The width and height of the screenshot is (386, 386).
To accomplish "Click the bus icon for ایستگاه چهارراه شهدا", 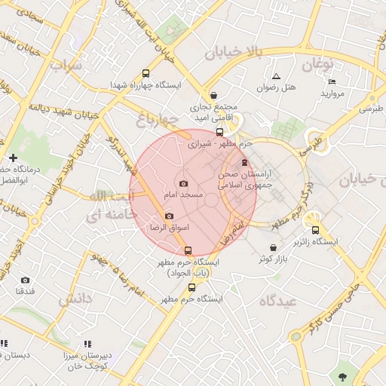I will coord(145,74).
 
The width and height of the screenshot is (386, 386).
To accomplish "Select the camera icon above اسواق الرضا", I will coord(169,216).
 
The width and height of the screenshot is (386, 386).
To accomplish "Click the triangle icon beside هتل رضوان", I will coord(276,76).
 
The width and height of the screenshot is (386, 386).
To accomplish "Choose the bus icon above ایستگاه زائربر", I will coord(315,231).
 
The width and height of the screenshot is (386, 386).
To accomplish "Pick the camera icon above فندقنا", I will coord(25,280).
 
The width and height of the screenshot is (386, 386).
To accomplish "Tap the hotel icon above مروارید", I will coord(332,82).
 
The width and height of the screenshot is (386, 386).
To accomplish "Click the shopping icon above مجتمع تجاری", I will coord(215,96).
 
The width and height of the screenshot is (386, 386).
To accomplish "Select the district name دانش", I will coord(75,299).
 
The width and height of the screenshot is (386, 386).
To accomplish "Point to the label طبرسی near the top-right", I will coord(371,109).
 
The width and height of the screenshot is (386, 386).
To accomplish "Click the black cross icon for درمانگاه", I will coord(13,158).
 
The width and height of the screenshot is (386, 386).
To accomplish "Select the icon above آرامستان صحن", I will coord(244,162).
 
